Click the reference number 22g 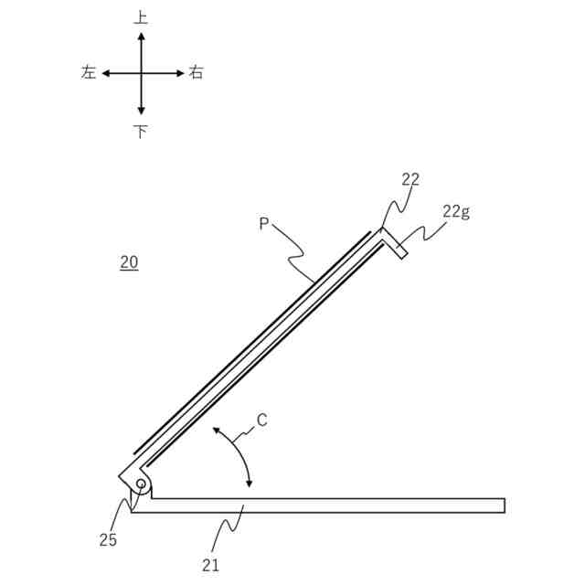pyautogui.click(x=456, y=212)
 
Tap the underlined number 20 pyautogui.click(x=129, y=262)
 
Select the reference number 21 pyautogui.click(x=211, y=566)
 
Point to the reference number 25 pyautogui.click(x=108, y=540)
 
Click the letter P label pyautogui.click(x=264, y=223)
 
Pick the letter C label pyautogui.click(x=262, y=420)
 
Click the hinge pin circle pyautogui.click(x=141, y=484)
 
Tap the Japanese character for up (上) pyautogui.click(x=141, y=17)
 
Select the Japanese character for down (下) pyautogui.click(x=141, y=132)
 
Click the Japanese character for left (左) pyautogui.click(x=89, y=72)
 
